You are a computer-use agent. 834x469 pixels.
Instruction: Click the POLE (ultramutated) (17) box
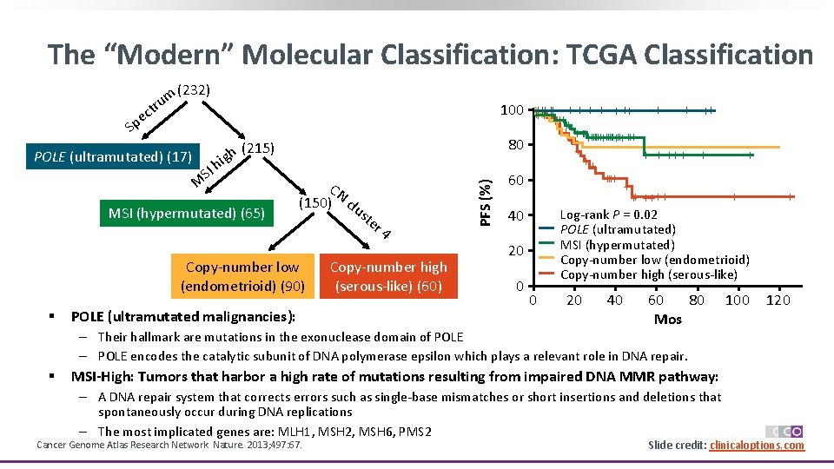tap(112, 156)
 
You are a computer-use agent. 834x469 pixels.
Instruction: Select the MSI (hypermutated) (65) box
tap(187, 213)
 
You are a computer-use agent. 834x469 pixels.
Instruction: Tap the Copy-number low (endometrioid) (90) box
tap(242, 276)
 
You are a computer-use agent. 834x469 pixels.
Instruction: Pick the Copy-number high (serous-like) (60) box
tap(388, 276)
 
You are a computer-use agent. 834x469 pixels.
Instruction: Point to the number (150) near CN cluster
tap(314, 202)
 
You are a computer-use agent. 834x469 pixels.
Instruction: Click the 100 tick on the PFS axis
tap(512, 110)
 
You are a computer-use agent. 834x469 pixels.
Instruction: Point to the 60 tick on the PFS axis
tap(515, 181)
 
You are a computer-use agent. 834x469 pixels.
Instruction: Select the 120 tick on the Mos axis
tap(778, 301)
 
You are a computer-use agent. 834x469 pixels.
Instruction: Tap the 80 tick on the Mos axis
tap(696, 301)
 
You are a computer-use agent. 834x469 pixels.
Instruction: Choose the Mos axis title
tap(667, 319)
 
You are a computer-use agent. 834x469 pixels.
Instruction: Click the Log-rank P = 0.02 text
tap(608, 215)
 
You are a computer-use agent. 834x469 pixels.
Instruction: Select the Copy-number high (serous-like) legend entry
tap(648, 274)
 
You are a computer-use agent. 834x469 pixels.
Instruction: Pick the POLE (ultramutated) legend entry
tap(618, 229)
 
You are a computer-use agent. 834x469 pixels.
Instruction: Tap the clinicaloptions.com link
tap(757, 446)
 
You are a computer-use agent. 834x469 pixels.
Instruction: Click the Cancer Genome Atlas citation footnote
tap(169, 446)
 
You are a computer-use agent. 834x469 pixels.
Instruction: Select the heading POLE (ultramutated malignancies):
tap(182, 316)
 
